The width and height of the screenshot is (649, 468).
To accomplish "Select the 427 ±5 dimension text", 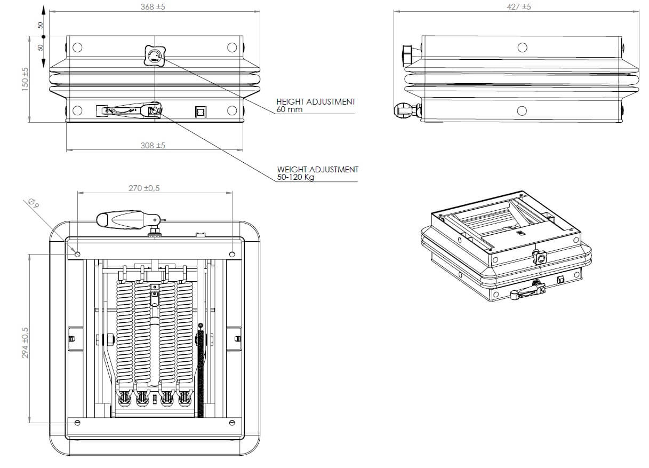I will [x=518, y=7].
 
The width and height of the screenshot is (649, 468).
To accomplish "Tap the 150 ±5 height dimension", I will [x=25, y=80].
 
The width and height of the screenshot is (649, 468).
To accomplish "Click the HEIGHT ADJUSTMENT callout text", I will [x=316, y=101].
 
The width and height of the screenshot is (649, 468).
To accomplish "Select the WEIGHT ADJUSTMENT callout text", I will [x=318, y=170].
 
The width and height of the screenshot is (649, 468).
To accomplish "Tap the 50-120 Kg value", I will [x=295, y=177].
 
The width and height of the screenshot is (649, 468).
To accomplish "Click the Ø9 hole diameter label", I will [x=31, y=203].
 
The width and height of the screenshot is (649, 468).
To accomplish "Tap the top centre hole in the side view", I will [x=522, y=47].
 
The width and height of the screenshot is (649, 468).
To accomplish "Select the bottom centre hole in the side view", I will [x=522, y=111].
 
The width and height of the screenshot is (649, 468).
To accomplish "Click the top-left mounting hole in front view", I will [x=77, y=47].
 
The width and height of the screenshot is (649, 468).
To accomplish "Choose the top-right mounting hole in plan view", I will [x=231, y=254].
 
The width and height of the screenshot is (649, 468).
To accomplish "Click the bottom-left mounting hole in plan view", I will [x=78, y=423].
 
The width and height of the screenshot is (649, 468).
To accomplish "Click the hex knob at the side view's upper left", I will [x=407, y=53].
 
